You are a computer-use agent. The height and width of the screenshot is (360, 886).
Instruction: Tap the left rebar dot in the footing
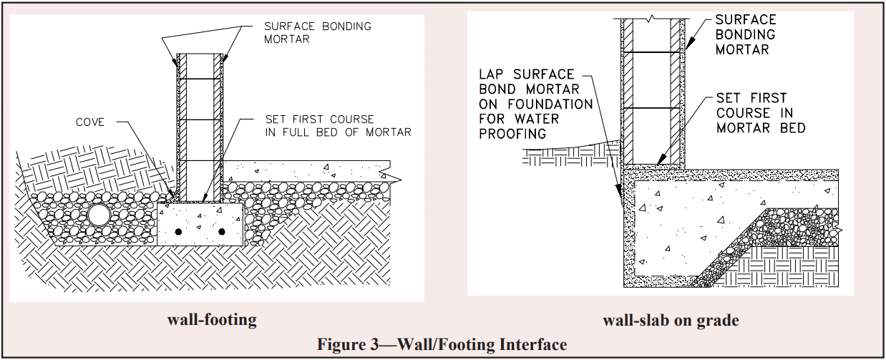(x=178, y=231)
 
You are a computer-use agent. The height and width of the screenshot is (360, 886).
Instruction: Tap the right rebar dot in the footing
(x=221, y=231)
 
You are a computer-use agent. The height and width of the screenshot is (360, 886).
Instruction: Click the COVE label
(x=90, y=122)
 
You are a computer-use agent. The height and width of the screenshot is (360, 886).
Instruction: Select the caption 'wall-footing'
(x=212, y=319)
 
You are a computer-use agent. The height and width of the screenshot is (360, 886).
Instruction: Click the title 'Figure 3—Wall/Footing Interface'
(x=442, y=344)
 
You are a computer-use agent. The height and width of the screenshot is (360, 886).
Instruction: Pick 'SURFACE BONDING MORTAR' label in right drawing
(x=745, y=34)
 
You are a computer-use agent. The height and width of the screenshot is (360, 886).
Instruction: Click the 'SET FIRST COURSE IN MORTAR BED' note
(x=760, y=112)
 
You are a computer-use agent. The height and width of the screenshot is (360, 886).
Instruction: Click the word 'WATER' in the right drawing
(x=547, y=119)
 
